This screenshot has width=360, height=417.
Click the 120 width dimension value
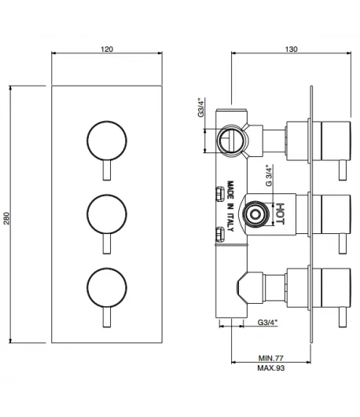pyautogui.click(x=107, y=49)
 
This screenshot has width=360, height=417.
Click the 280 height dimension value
pyautogui.click(x=6, y=218)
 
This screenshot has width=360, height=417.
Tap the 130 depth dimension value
pyautogui.click(x=292, y=49)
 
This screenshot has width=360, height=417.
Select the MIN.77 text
pyautogui.click(x=271, y=358)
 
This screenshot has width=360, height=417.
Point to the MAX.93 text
pyautogui.click(x=271, y=368)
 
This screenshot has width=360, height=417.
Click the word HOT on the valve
pyautogui.click(x=280, y=214)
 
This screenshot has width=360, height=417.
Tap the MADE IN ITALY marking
pyautogui.click(x=230, y=206)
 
